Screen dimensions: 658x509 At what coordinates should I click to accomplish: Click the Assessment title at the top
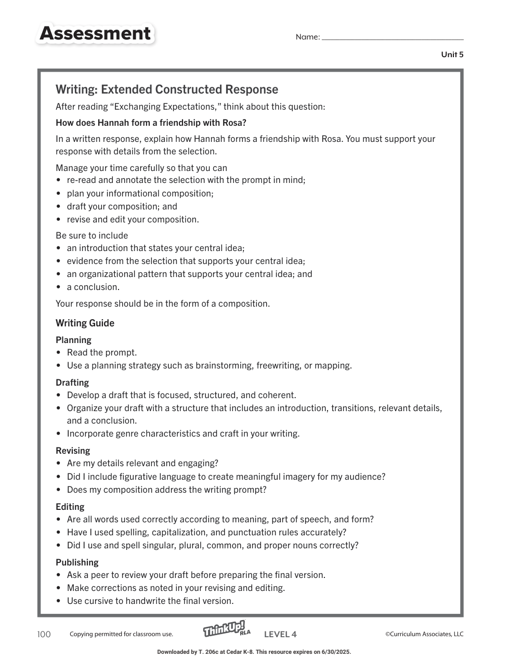[x=95, y=34]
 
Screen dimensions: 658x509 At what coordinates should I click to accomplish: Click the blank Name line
[x=393, y=37]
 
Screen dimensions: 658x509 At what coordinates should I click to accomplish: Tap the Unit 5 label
[x=452, y=55]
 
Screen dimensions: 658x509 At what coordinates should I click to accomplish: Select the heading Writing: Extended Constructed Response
[x=167, y=89]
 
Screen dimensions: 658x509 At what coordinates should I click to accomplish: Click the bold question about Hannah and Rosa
[x=151, y=123]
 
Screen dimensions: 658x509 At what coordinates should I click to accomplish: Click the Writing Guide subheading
[x=85, y=323]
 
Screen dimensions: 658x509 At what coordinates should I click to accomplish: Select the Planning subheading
[x=73, y=340]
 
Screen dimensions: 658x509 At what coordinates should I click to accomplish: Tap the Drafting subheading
[x=72, y=383]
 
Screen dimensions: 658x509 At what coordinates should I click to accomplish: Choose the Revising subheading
[x=73, y=451]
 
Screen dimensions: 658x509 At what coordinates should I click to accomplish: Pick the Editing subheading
[x=70, y=507]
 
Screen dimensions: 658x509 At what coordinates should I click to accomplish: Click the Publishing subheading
[x=77, y=562]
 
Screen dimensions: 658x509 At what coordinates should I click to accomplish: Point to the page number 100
[x=44, y=634]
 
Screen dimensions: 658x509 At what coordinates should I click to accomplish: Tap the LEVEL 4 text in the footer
[x=280, y=634]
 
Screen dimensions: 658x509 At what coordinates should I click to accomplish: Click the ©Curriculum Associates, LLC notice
[x=424, y=634]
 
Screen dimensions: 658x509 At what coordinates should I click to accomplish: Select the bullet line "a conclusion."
[x=93, y=287]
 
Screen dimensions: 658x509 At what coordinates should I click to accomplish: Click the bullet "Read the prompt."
[x=102, y=352]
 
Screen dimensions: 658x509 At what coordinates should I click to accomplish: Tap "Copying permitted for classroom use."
[x=121, y=634]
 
